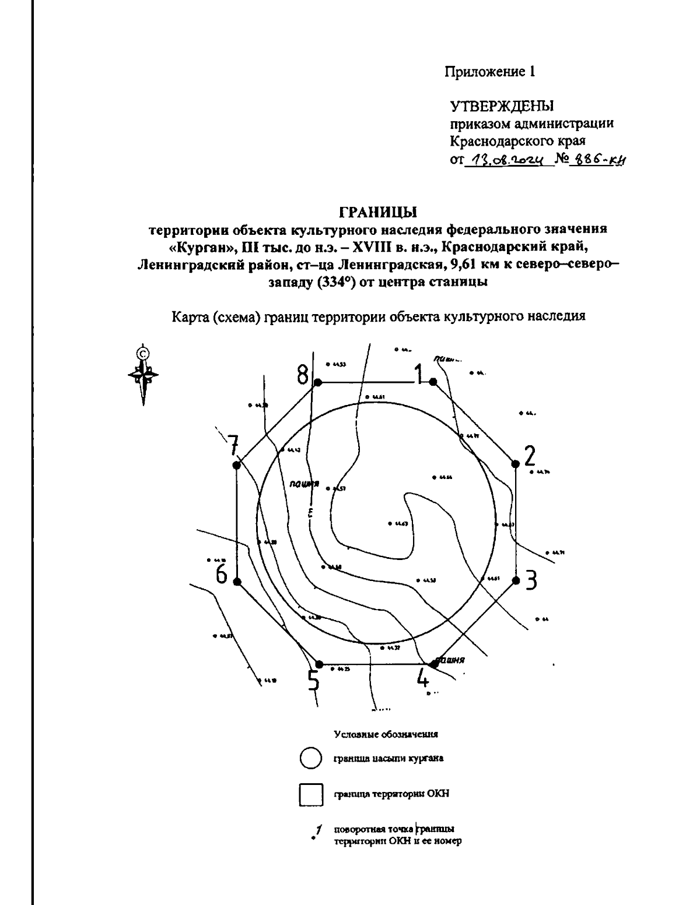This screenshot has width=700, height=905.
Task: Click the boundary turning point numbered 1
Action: [x=433, y=382]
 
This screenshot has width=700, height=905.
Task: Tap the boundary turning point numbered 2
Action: [x=515, y=464]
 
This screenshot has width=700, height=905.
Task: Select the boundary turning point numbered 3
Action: [x=516, y=580]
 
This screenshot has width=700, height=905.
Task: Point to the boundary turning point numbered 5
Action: [x=318, y=664]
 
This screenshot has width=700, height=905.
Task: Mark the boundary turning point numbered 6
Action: [x=237, y=582]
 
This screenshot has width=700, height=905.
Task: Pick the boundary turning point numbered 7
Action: [x=236, y=464]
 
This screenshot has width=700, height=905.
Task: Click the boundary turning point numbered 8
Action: [x=318, y=382]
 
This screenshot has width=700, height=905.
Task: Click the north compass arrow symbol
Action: [x=142, y=374]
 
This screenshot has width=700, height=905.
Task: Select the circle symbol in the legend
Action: [x=310, y=759]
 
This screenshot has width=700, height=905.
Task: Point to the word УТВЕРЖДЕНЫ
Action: [x=501, y=105]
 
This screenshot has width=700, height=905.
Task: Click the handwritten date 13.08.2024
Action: [x=508, y=159]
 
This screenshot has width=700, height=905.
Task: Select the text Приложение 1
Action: [x=490, y=72]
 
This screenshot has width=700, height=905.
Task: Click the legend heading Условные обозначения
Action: [x=386, y=734]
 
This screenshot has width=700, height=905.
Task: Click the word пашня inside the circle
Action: [x=304, y=484]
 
